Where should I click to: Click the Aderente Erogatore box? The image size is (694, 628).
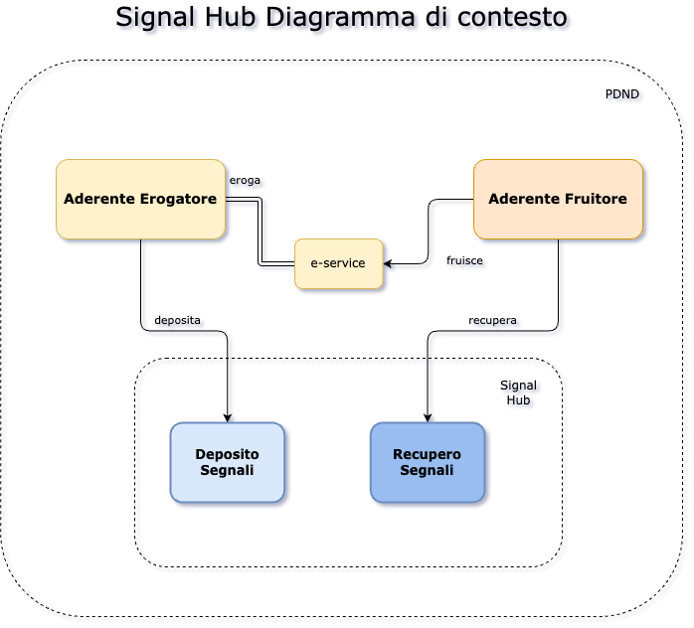click(x=140, y=199)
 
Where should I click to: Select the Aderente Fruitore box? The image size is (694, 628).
click(x=558, y=199)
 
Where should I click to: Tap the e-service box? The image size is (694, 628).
click(x=338, y=263)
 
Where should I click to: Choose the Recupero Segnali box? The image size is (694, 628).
click(x=428, y=462)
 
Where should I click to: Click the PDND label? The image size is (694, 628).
click(x=624, y=96)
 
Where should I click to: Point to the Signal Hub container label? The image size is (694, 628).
click(x=520, y=393)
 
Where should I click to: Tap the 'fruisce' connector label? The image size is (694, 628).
click(x=466, y=261)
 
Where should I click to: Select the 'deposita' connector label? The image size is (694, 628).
click(x=179, y=321)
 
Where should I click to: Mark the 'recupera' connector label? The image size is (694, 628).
click(x=495, y=321)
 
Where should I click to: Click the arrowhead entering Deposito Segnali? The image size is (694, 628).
click(x=232, y=417)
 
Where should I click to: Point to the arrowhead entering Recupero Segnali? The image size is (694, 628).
click(x=431, y=417)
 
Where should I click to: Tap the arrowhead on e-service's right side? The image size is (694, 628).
click(x=390, y=265)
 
